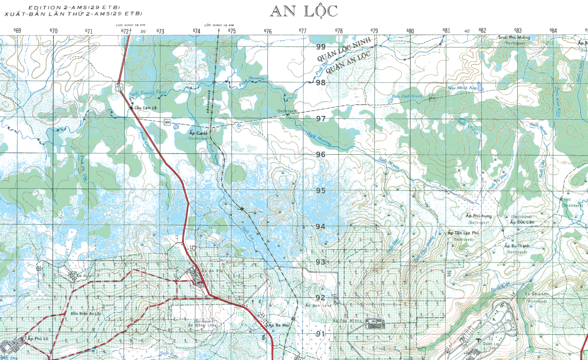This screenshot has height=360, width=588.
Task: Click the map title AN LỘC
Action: click(x=304, y=11)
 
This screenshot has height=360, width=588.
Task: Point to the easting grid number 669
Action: click(x=17, y=31)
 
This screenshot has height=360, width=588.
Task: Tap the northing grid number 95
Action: click(x=321, y=190)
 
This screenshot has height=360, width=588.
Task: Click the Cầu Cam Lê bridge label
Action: click(x=146, y=108)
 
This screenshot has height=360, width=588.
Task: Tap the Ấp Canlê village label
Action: click(x=198, y=133)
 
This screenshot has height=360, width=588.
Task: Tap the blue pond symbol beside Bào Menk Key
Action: click(x=481, y=87)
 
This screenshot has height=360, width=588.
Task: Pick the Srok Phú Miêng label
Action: click(x=514, y=38)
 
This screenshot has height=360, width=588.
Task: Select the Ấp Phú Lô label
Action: click(x=37, y=338)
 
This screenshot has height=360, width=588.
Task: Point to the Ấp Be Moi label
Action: click(x=278, y=325)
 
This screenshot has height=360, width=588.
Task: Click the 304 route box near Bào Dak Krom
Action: click(x=432, y=98)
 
